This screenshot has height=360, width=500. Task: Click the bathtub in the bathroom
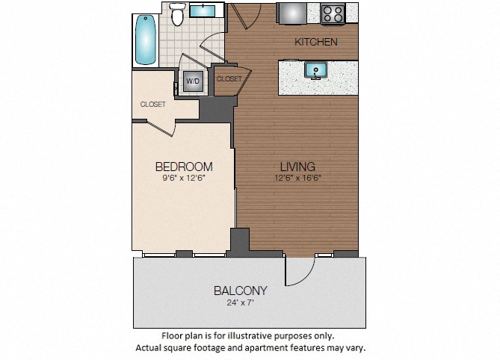tap(146, 40)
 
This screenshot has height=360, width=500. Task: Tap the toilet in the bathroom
tap(177, 14)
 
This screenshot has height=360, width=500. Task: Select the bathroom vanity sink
tap(203, 11)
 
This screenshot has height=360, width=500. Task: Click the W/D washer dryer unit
tap(193, 81)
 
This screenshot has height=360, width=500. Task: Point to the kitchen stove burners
tap(333, 14)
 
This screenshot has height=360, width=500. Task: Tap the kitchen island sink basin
tap(315, 69)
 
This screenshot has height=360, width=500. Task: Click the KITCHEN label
tap(316, 42)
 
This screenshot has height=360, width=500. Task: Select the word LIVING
tap(297, 167)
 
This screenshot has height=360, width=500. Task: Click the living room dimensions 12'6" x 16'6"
tap(297, 178)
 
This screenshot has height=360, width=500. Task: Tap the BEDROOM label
tap(184, 167)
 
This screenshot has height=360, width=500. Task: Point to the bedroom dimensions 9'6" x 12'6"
tap(184, 178)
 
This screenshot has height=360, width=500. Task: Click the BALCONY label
tap(241, 291)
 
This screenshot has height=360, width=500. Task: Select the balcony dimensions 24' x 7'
tap(241, 302)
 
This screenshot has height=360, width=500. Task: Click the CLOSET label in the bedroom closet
tap(153, 104)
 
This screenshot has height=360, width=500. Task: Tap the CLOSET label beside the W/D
tap(229, 78)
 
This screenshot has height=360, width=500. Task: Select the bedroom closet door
tap(161, 128)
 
